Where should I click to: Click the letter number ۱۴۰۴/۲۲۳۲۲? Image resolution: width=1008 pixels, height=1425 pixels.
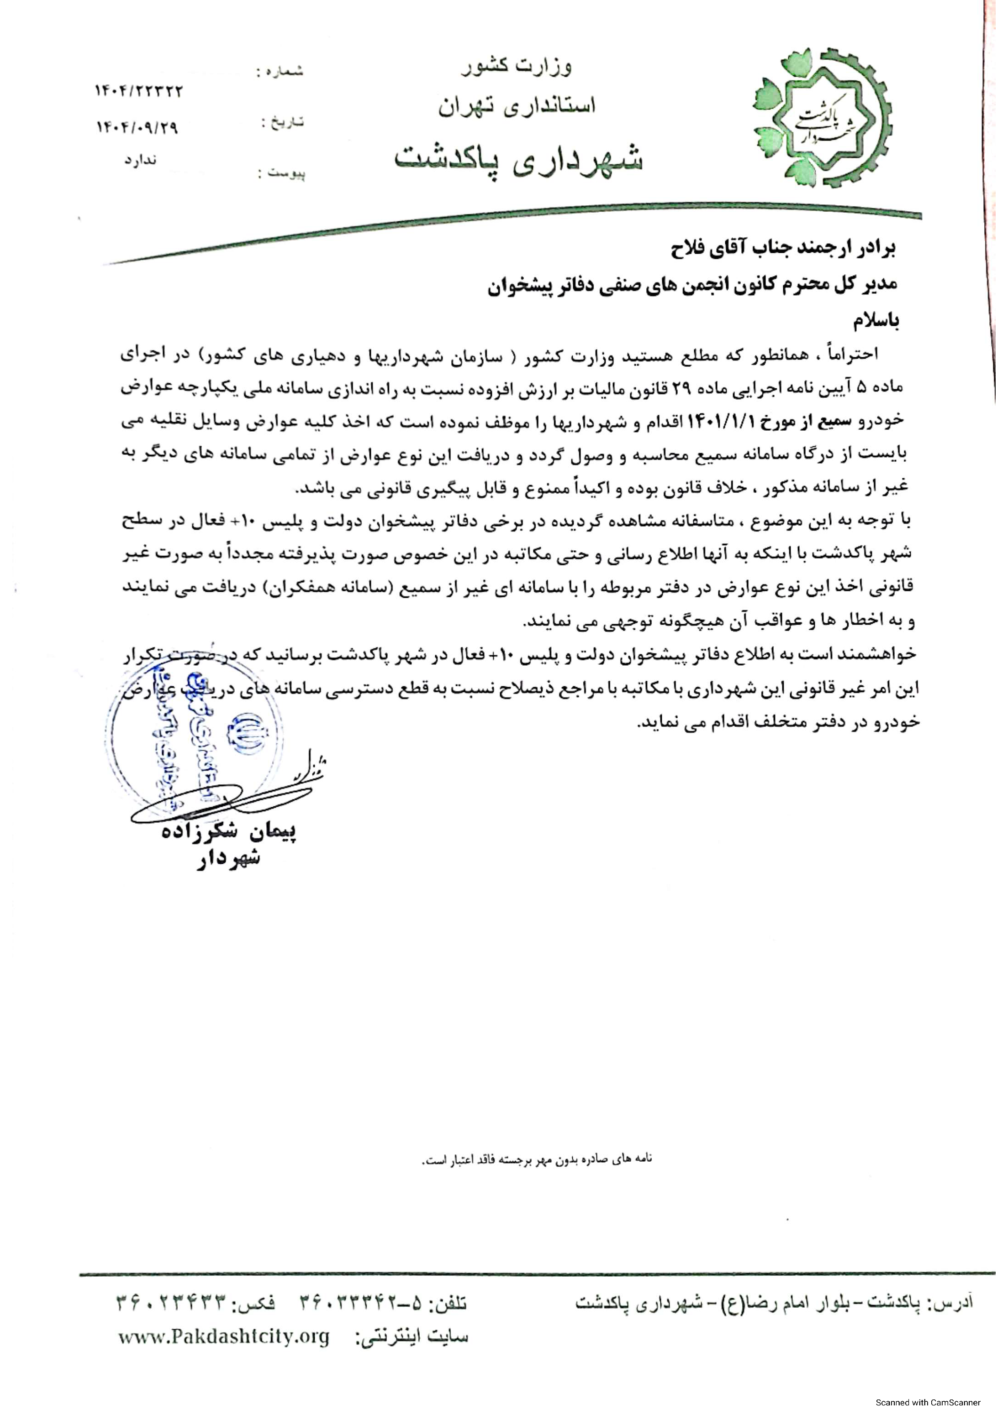(x=139, y=92)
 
